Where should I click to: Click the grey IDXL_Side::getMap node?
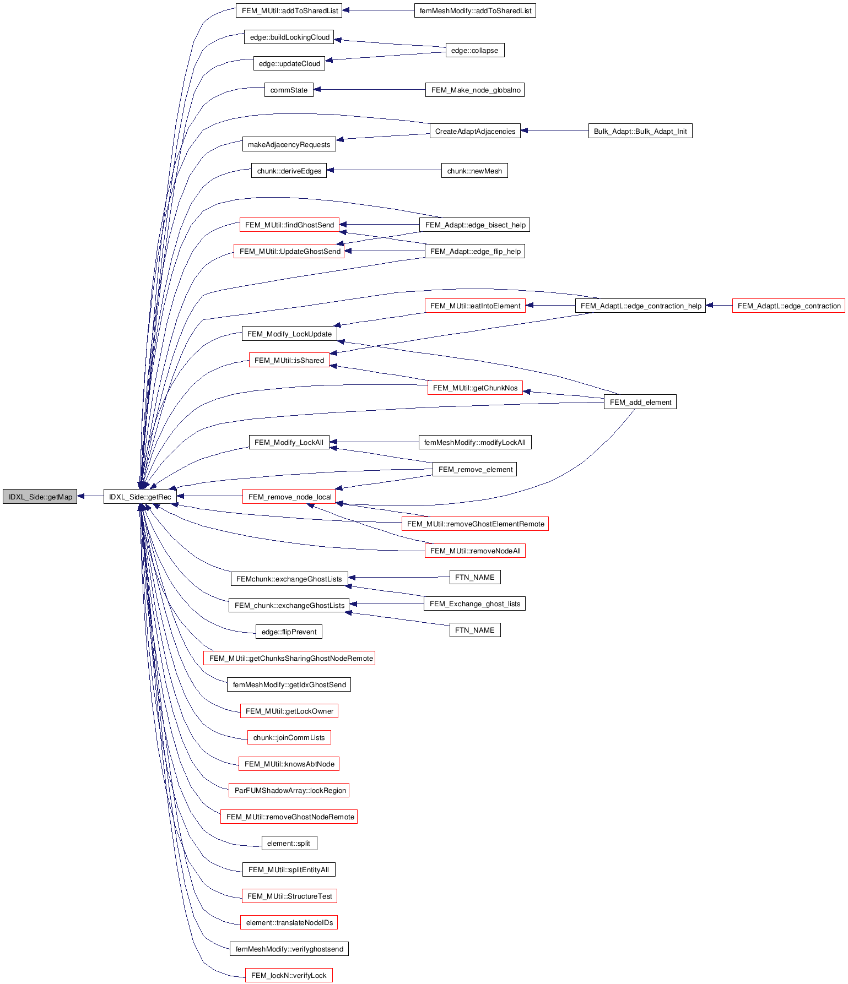coord(40,497)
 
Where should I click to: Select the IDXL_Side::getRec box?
coord(140,497)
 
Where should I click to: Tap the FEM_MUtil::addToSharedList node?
coord(289,10)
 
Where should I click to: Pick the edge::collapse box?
coord(474,51)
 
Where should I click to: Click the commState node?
coord(289,90)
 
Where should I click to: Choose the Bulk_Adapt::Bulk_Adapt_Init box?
coord(640,132)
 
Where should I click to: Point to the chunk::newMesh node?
coord(474,171)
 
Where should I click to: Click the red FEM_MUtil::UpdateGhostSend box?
coord(289,252)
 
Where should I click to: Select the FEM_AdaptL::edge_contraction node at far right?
coord(788,306)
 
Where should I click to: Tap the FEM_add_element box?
coord(640,403)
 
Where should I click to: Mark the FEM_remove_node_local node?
coord(289,497)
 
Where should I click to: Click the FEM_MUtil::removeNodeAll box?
coord(474,551)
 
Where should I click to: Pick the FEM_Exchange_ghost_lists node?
coord(474,604)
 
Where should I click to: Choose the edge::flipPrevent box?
coord(289,632)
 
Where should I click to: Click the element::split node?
coord(289,844)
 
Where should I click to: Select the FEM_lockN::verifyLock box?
coord(289,976)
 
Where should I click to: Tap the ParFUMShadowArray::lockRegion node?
coord(289,791)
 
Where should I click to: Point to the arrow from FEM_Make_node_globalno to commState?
coord(369,90)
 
